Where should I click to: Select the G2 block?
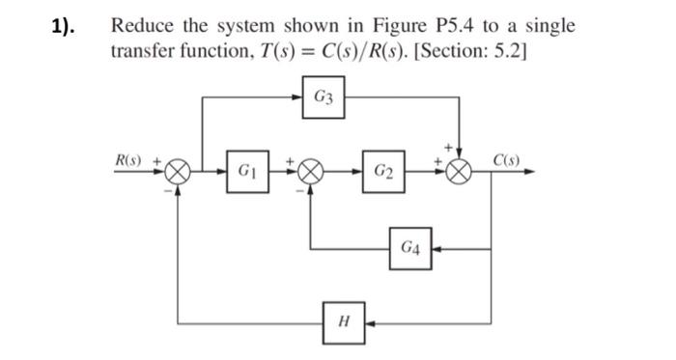(x=383, y=173)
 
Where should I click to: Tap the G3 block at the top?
(x=324, y=97)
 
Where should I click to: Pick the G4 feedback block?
(x=409, y=249)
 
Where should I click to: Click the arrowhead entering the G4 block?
(x=434, y=249)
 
